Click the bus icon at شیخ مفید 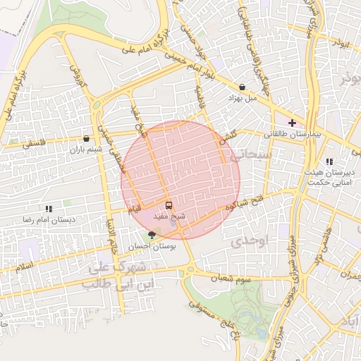[x=168, y=205]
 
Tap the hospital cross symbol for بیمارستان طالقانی [x=292, y=123]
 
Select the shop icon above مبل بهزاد [x=243, y=87]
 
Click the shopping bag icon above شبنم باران [x=86, y=139]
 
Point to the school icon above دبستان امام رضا [x=49, y=209]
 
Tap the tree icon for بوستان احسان [x=152, y=235]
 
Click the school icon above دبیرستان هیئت [x=329, y=161]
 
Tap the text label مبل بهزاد [x=239, y=99]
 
